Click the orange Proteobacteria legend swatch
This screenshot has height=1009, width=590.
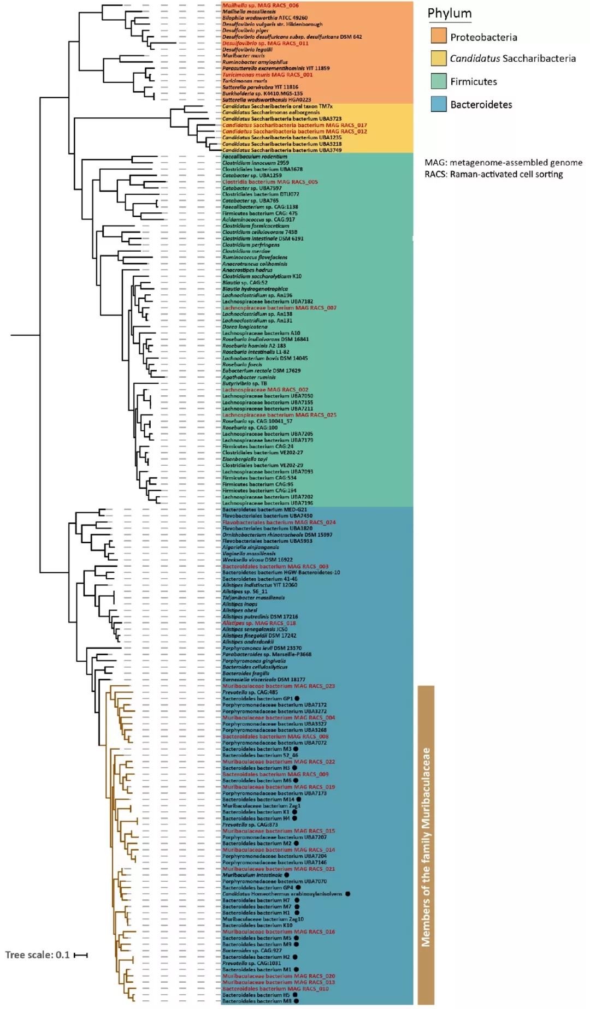pyautogui.click(x=439, y=36)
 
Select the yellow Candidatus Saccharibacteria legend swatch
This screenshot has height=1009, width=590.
pyautogui.click(x=439, y=58)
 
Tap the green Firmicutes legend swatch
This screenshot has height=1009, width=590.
pyautogui.click(x=439, y=81)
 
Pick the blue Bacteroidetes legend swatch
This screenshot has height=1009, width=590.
pyautogui.click(x=439, y=104)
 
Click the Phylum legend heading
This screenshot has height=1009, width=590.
pyautogui.click(x=449, y=14)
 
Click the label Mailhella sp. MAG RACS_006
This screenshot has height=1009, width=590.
pyautogui.click(x=260, y=5)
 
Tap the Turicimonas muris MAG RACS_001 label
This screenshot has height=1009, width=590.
pyautogui.click(x=267, y=75)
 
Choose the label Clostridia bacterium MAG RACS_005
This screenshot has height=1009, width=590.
pyautogui.click(x=269, y=182)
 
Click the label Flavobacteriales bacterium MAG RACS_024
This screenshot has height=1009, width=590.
pyautogui.click(x=279, y=523)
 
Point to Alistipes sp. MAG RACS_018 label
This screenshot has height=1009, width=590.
pyautogui.click(x=258, y=623)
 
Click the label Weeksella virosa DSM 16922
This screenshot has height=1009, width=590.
pyautogui.click(x=257, y=560)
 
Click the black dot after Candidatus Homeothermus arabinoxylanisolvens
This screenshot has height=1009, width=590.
pyautogui.click(x=348, y=894)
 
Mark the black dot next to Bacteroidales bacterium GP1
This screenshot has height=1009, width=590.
pyautogui.click(x=298, y=698)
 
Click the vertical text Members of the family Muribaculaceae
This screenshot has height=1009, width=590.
pyautogui.click(x=426, y=846)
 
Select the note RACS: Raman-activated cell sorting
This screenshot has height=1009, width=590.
pyautogui.click(x=493, y=174)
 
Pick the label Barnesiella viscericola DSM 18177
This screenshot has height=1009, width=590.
pyautogui.click(x=263, y=680)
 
